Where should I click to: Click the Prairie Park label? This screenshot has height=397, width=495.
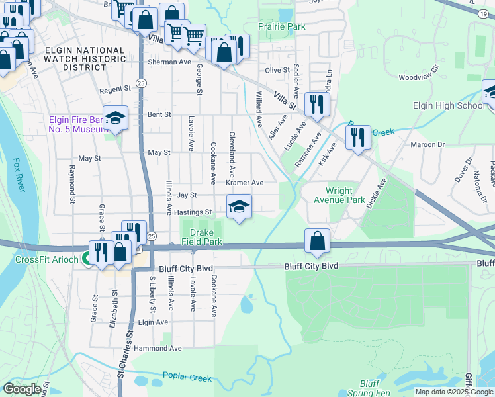pyautogui.click(x=282, y=27)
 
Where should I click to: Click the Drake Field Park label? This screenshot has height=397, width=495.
pyautogui.click(x=201, y=237)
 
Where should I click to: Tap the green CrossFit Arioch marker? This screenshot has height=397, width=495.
pyautogui.click(x=87, y=259)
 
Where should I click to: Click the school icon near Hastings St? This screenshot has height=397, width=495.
pyautogui.click(x=239, y=206)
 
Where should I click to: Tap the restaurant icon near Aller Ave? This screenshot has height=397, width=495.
pyautogui.click(x=317, y=104)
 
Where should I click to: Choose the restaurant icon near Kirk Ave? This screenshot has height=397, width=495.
pyautogui.click(x=357, y=138)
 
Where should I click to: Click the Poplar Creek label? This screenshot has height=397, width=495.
pyautogui.click(x=190, y=378)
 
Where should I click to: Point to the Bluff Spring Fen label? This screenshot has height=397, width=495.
pyautogui.click(x=369, y=388)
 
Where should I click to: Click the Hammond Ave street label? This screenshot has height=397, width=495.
pyautogui.click(x=157, y=348)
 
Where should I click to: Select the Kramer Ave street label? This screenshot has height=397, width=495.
pyautogui.click(x=244, y=183)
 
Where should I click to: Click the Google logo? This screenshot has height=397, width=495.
pyautogui.click(x=22, y=389)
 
